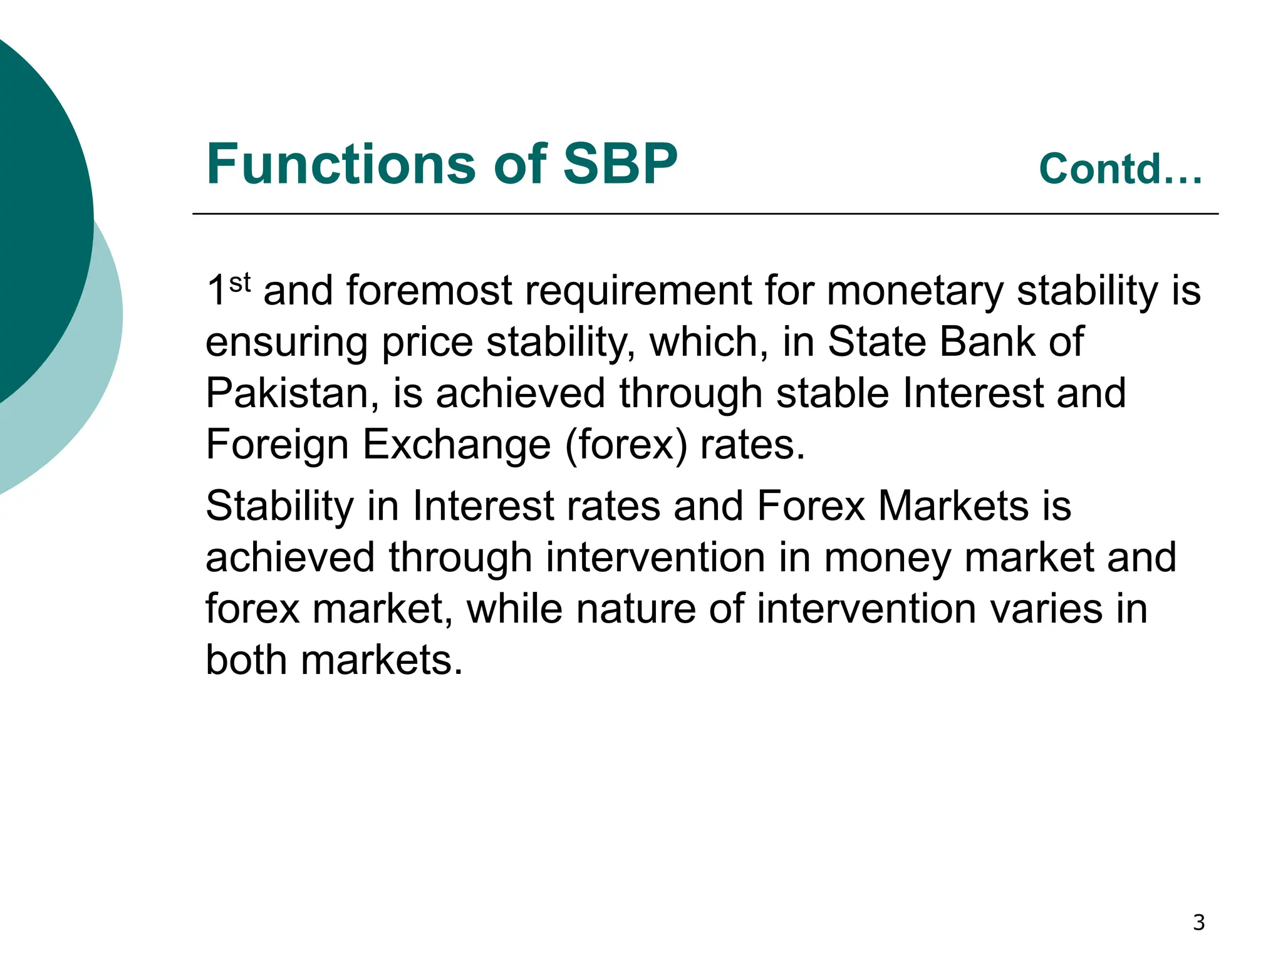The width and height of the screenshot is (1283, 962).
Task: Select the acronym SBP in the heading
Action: tap(620, 164)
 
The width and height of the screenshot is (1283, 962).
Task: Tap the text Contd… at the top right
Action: tap(1121, 169)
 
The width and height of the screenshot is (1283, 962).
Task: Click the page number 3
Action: tap(1198, 923)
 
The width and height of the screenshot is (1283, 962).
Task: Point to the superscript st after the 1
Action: tap(240, 282)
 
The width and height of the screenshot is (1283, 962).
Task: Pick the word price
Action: tap(427, 343)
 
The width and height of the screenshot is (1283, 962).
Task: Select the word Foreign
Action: tap(277, 445)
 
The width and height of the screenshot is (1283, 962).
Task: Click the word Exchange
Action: tap(457, 445)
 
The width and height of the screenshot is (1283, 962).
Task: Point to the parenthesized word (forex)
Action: tap(626, 445)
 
